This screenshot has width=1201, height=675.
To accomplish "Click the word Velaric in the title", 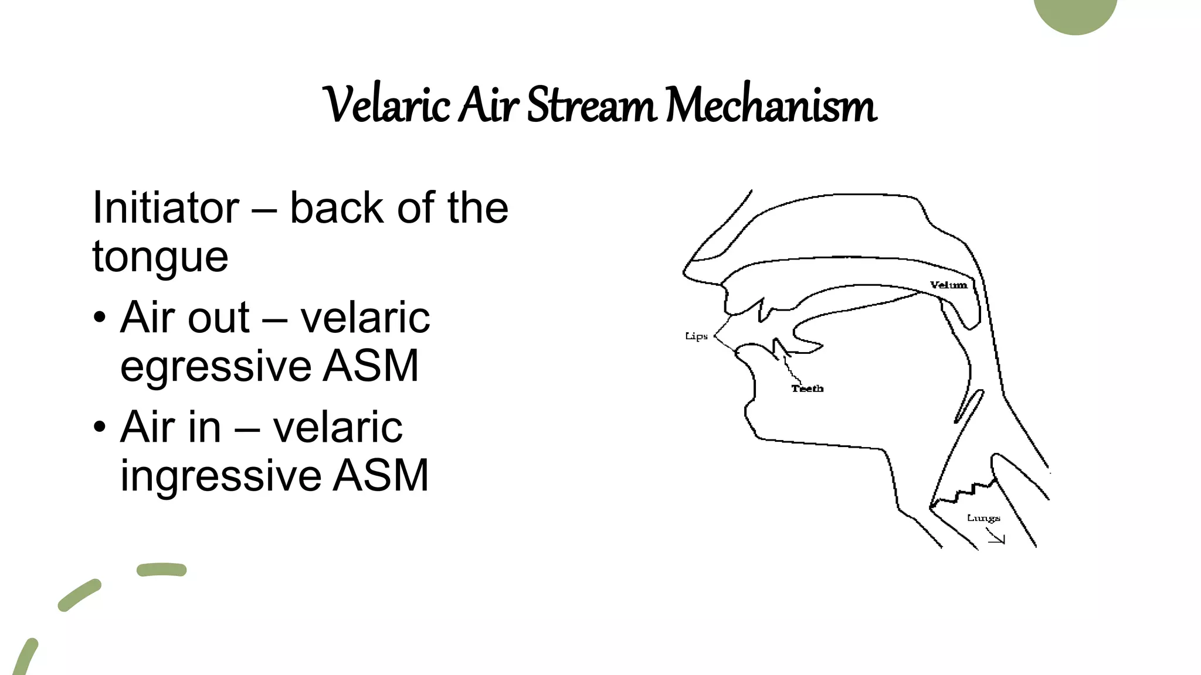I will pyautogui.click(x=386, y=105).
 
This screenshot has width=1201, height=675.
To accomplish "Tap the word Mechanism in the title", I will pyautogui.click(x=771, y=105).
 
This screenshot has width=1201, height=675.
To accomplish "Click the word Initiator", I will pyautogui.click(x=166, y=208).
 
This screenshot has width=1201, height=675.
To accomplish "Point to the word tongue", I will pyautogui.click(x=160, y=258).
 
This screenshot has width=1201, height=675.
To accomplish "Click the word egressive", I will pyautogui.click(x=214, y=366).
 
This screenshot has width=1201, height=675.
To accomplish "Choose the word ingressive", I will pyautogui.click(x=220, y=476).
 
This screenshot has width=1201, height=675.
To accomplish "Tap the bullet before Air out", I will pyautogui.click(x=100, y=318).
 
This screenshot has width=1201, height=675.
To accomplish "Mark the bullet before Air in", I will pyautogui.click(x=100, y=427).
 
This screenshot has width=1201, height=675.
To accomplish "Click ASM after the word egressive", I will pyautogui.click(x=371, y=366).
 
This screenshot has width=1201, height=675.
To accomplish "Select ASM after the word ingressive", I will pyautogui.click(x=381, y=476).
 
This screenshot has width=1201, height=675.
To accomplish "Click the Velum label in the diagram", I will pyautogui.click(x=948, y=285).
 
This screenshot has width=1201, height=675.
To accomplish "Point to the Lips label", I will pyautogui.click(x=696, y=336).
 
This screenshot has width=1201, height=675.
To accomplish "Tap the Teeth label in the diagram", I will pyautogui.click(x=808, y=388).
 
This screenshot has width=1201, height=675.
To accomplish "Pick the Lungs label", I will pyautogui.click(x=983, y=518).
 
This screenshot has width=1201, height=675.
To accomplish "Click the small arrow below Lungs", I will pyautogui.click(x=996, y=537).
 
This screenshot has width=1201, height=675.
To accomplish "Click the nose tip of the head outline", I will pyautogui.click(x=685, y=272).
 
